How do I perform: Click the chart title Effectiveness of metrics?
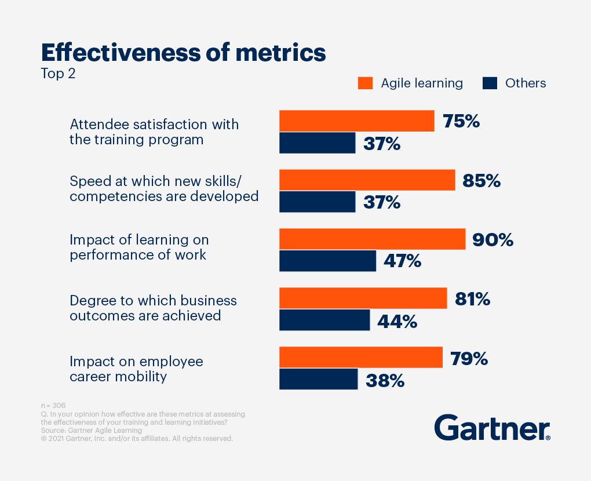tap(183, 53)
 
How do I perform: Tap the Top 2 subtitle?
tap(58, 74)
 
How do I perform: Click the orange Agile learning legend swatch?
tap(365, 83)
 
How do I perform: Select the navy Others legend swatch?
tap(490, 83)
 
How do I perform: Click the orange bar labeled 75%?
tap(356, 121)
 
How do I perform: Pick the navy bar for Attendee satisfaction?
tap(317, 143)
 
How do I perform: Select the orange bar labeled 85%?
tap(367, 180)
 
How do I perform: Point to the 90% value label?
tap(493, 239)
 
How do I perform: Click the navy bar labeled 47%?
tap(327, 261)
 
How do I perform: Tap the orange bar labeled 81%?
tap(363, 298)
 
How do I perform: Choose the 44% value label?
tap(397, 322)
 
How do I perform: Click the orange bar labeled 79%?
tap(360, 358)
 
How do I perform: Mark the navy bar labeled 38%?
tap(318, 379)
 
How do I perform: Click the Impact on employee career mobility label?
tap(136, 369)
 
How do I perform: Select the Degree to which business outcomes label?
tap(153, 308)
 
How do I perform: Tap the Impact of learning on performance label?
tap(138, 247)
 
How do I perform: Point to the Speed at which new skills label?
tap(163, 188)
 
